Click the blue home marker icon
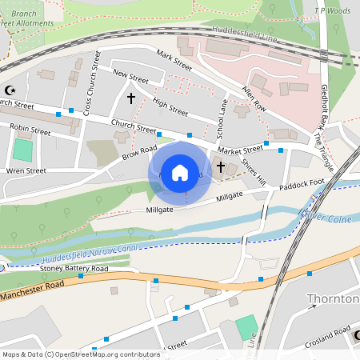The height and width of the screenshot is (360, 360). coord(180,172)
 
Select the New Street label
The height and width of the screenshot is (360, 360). coord(131,77)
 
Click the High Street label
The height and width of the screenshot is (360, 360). coord(170,107)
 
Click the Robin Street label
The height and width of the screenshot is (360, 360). coord(30,128)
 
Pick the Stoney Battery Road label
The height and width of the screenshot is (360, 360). coord(74,270)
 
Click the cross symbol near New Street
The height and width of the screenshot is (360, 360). coord(131,98)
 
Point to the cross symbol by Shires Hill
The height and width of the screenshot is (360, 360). coord(220,168)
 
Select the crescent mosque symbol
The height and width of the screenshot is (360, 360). coord(10,90)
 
